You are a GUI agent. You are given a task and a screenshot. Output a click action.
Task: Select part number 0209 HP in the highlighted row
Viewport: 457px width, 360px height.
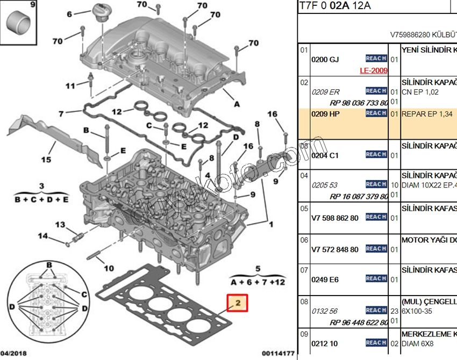tap(325, 114)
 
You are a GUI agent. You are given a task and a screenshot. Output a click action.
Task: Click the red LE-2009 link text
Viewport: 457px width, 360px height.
tap(374, 70)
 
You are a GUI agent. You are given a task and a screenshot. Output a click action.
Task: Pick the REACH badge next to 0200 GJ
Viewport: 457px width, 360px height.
tap(376, 59)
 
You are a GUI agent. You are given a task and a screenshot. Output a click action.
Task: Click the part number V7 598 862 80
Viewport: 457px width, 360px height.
tap(334, 218)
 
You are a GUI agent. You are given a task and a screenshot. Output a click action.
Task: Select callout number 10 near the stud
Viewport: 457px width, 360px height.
tap(109, 268)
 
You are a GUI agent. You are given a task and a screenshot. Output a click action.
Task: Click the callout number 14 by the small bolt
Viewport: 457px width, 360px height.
tap(42, 235)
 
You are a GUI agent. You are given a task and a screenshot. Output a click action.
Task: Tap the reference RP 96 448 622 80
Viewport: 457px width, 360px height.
tap(359, 322)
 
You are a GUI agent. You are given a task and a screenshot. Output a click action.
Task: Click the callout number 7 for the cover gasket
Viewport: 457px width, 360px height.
tap(62, 113)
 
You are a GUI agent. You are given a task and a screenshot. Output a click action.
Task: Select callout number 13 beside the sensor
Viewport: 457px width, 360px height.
tap(60, 225)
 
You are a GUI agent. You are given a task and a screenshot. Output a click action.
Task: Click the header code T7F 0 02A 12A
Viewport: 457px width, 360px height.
tap(335, 6)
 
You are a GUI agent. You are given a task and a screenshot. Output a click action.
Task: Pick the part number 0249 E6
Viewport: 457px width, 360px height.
tap(325, 279)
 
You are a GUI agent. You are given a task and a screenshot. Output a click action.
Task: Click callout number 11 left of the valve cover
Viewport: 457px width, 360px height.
tap(70, 86)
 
